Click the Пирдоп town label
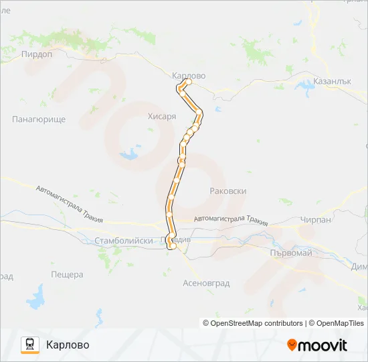coord(37,55)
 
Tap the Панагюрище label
coord(38,119)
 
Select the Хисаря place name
coord(162,117)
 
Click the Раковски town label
coord(228,191)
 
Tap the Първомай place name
coord(290,253)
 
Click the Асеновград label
coord(206,284)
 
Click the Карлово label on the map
coord(189,76)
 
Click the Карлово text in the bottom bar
coord(68,345)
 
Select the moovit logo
coord(317,345)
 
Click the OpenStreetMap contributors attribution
coord(252,323)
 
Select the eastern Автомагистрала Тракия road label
coord(230,221)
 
